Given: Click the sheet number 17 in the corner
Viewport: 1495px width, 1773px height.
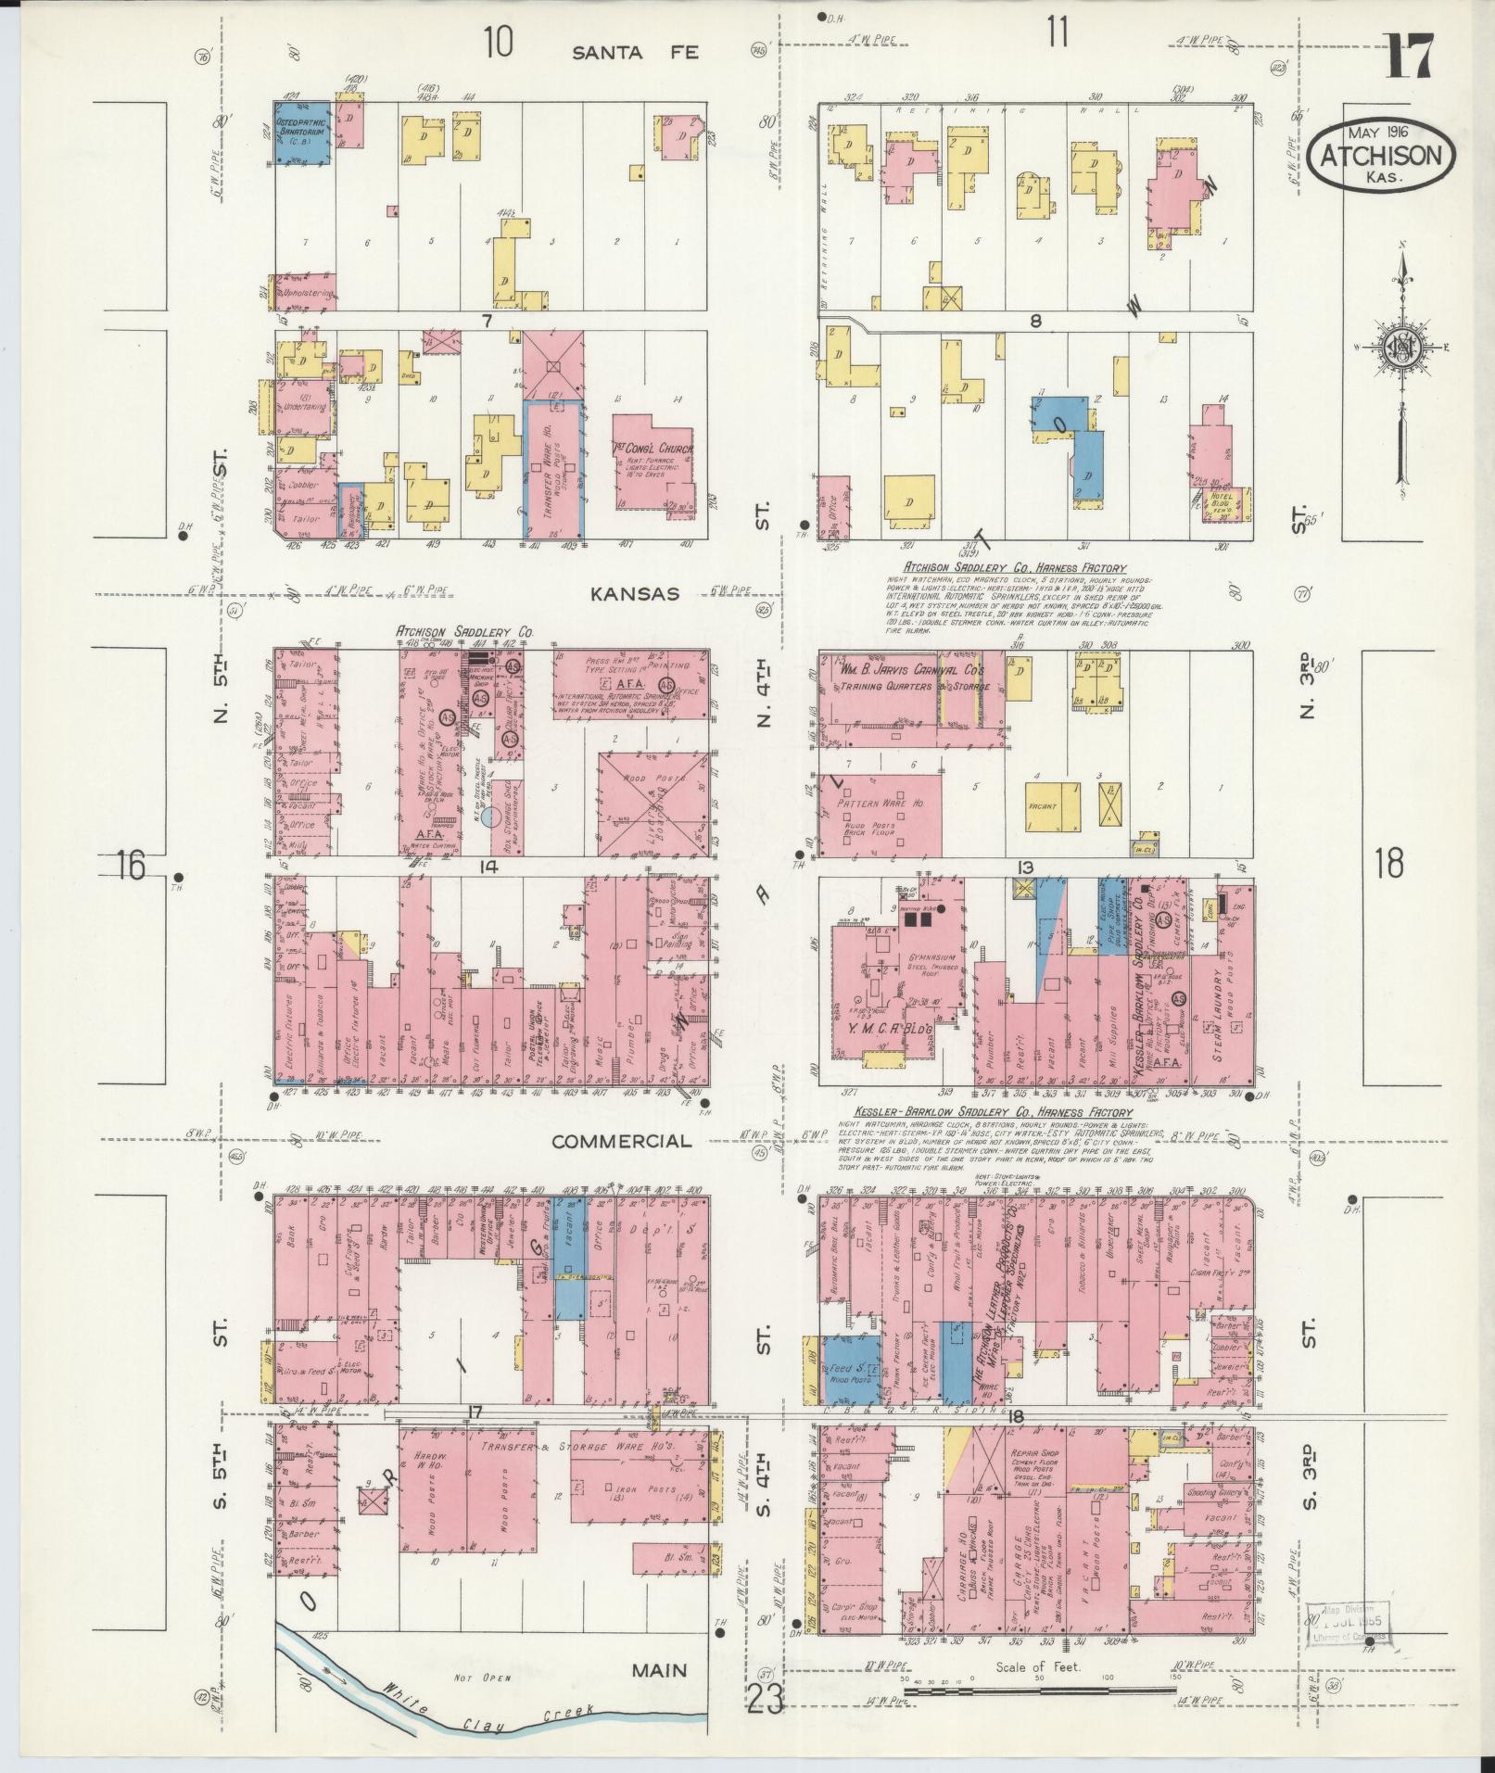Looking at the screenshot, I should click(x=1410, y=57).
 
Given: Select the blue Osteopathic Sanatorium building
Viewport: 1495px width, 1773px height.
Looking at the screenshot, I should click(x=301, y=134).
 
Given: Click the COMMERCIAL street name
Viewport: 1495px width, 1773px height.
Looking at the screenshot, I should click(x=621, y=1141).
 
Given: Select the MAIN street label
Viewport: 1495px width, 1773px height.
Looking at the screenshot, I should click(x=660, y=1671).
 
